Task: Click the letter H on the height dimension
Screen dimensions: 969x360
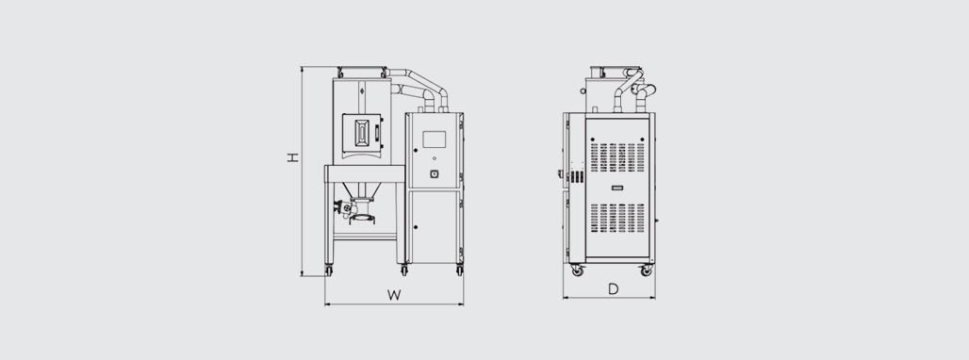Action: pos(293,157)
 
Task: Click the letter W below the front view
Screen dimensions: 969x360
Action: pos(394,295)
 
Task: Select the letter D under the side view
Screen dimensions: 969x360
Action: pos(613,289)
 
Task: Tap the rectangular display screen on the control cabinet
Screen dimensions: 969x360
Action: pos(434,139)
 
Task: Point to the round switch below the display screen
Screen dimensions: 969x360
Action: pos(434,174)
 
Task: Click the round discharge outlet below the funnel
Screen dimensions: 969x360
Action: pos(360,218)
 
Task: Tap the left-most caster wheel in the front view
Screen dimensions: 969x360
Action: pos(328,270)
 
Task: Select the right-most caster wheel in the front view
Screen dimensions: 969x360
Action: pos(460,270)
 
